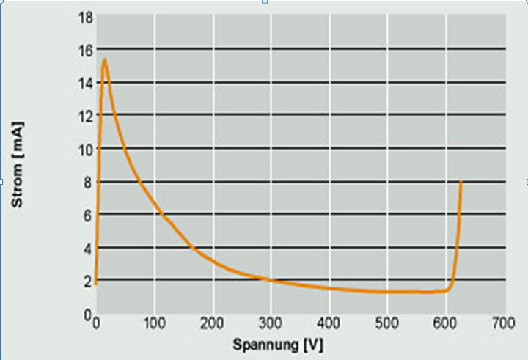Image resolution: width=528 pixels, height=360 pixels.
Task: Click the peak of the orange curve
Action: (x=105, y=60)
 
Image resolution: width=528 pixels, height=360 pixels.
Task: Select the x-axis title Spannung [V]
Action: (x=277, y=344)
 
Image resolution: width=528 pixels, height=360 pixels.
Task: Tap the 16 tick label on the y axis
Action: (x=85, y=50)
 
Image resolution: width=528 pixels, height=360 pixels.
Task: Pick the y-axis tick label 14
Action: (x=85, y=83)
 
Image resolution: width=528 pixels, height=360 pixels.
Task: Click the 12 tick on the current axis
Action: (x=85, y=116)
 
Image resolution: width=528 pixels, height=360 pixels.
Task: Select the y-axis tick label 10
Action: (x=85, y=149)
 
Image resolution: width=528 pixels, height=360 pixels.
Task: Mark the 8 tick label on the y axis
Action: (x=88, y=182)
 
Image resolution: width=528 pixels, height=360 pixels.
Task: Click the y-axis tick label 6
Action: (x=88, y=215)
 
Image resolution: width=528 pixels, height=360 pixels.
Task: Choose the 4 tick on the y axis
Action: (x=88, y=248)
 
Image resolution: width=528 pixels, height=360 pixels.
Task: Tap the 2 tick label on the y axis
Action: (x=88, y=281)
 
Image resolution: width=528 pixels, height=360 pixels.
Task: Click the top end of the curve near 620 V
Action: (x=461, y=182)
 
